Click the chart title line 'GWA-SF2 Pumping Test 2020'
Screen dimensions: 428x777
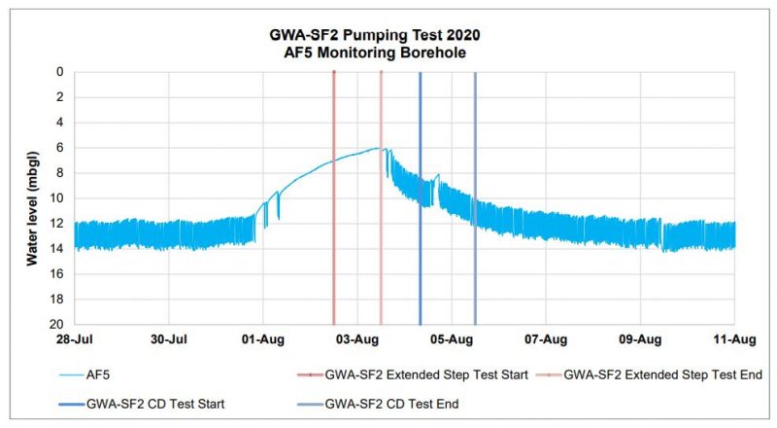click(x=388, y=35)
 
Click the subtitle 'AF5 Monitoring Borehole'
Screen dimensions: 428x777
click(x=388, y=53)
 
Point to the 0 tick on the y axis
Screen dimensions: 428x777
click(x=59, y=72)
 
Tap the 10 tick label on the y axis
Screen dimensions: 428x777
click(x=56, y=198)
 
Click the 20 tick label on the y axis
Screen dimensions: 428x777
click(x=56, y=325)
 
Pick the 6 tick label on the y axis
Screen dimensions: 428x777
click(x=59, y=148)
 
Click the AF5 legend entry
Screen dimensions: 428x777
click(x=113, y=374)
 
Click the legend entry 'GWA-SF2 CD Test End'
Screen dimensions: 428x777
click(x=392, y=402)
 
